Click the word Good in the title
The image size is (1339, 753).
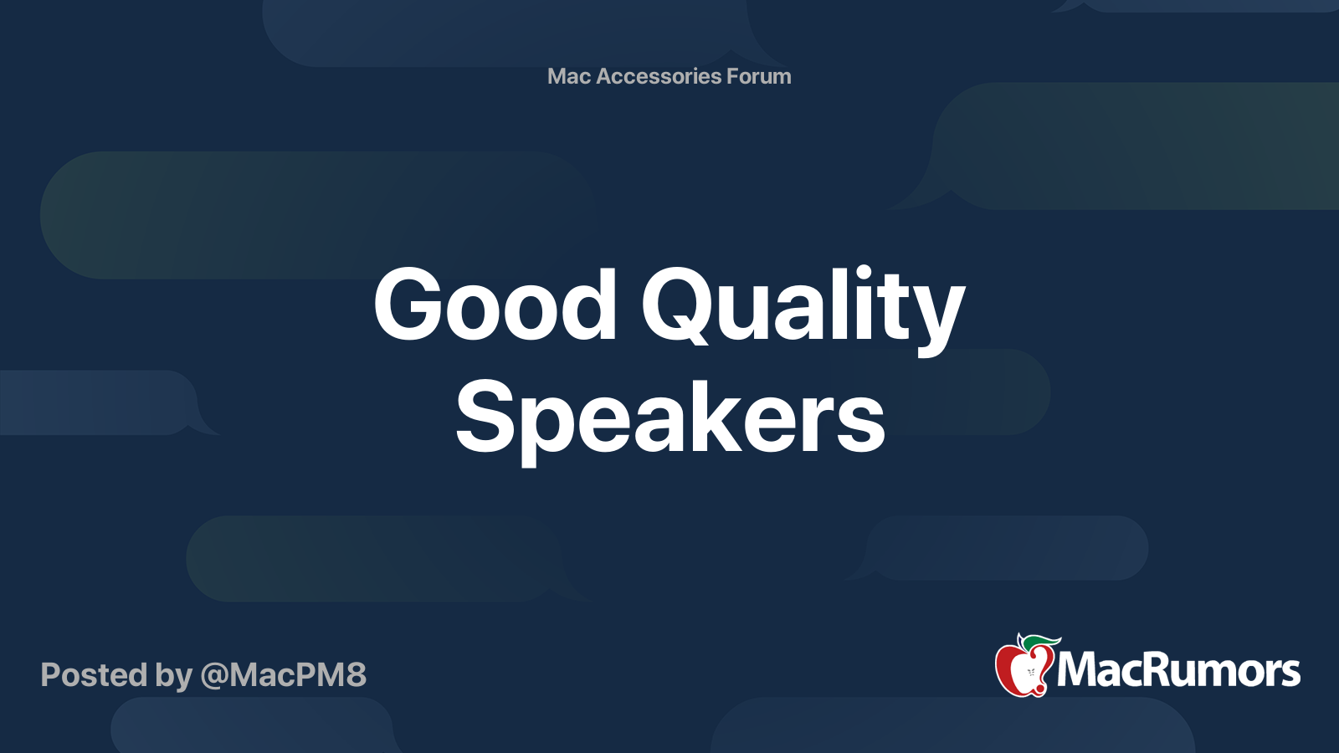coord(495,305)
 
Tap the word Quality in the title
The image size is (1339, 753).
coord(803,309)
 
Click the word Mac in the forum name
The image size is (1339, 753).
coord(569,76)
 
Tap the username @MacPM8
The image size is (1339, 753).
coord(284,675)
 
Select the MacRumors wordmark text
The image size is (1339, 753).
coord(1178,670)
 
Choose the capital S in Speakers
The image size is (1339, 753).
coord(485,415)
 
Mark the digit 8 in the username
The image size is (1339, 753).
coord(355,675)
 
